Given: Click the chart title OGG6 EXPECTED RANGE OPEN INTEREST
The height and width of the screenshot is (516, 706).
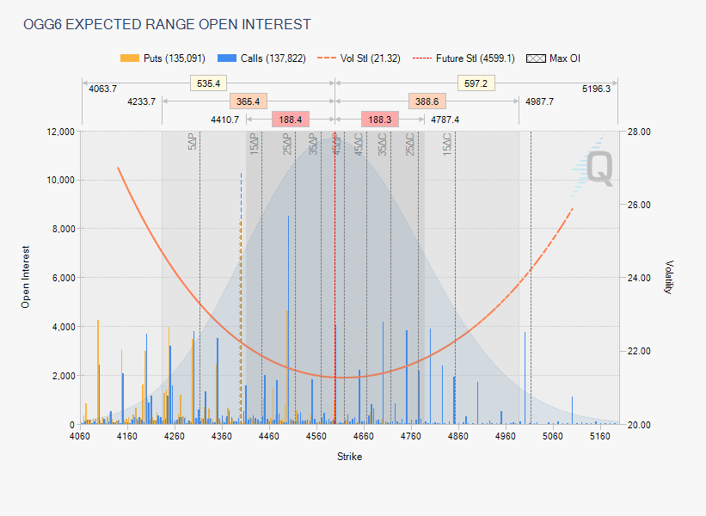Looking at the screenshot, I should pyautogui.click(x=168, y=24).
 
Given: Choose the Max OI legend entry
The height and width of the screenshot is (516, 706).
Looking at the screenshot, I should pyautogui.click(x=558, y=58).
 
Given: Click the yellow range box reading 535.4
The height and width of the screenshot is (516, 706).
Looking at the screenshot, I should pyautogui.click(x=209, y=83).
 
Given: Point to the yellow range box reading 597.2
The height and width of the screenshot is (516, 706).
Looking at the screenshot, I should pyautogui.click(x=475, y=83).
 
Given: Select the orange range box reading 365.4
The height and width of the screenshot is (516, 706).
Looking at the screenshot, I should pyautogui.click(x=249, y=101).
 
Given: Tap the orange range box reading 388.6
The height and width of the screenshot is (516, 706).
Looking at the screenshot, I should pyautogui.click(x=427, y=101).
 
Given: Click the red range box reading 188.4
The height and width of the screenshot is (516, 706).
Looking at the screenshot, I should pyautogui.click(x=291, y=120).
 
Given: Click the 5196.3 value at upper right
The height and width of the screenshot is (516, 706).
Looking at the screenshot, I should pyautogui.click(x=596, y=89).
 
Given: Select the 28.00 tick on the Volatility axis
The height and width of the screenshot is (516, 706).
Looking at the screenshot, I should pyautogui.click(x=638, y=132).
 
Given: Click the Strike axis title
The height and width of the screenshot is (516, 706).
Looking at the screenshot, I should pyautogui.click(x=349, y=457).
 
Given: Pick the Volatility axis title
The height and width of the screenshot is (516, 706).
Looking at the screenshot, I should pyautogui.click(x=668, y=278).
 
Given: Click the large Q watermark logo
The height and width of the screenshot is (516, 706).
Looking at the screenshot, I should pyautogui.click(x=599, y=168).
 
